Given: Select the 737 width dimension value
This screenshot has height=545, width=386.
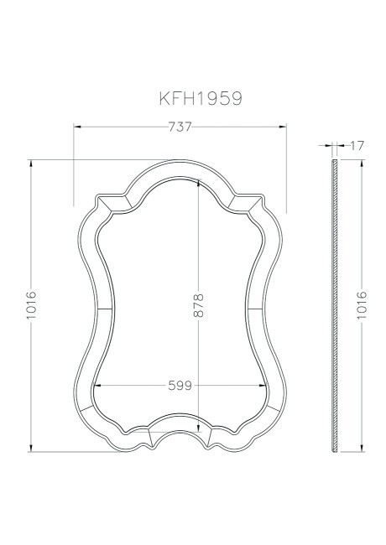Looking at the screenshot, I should coord(180,127).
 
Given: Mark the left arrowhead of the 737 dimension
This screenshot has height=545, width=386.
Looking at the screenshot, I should coord(77,127).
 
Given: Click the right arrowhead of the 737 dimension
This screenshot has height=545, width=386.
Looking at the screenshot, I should coord(284,127).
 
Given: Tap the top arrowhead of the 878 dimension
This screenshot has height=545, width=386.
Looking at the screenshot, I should coord(199,185).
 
